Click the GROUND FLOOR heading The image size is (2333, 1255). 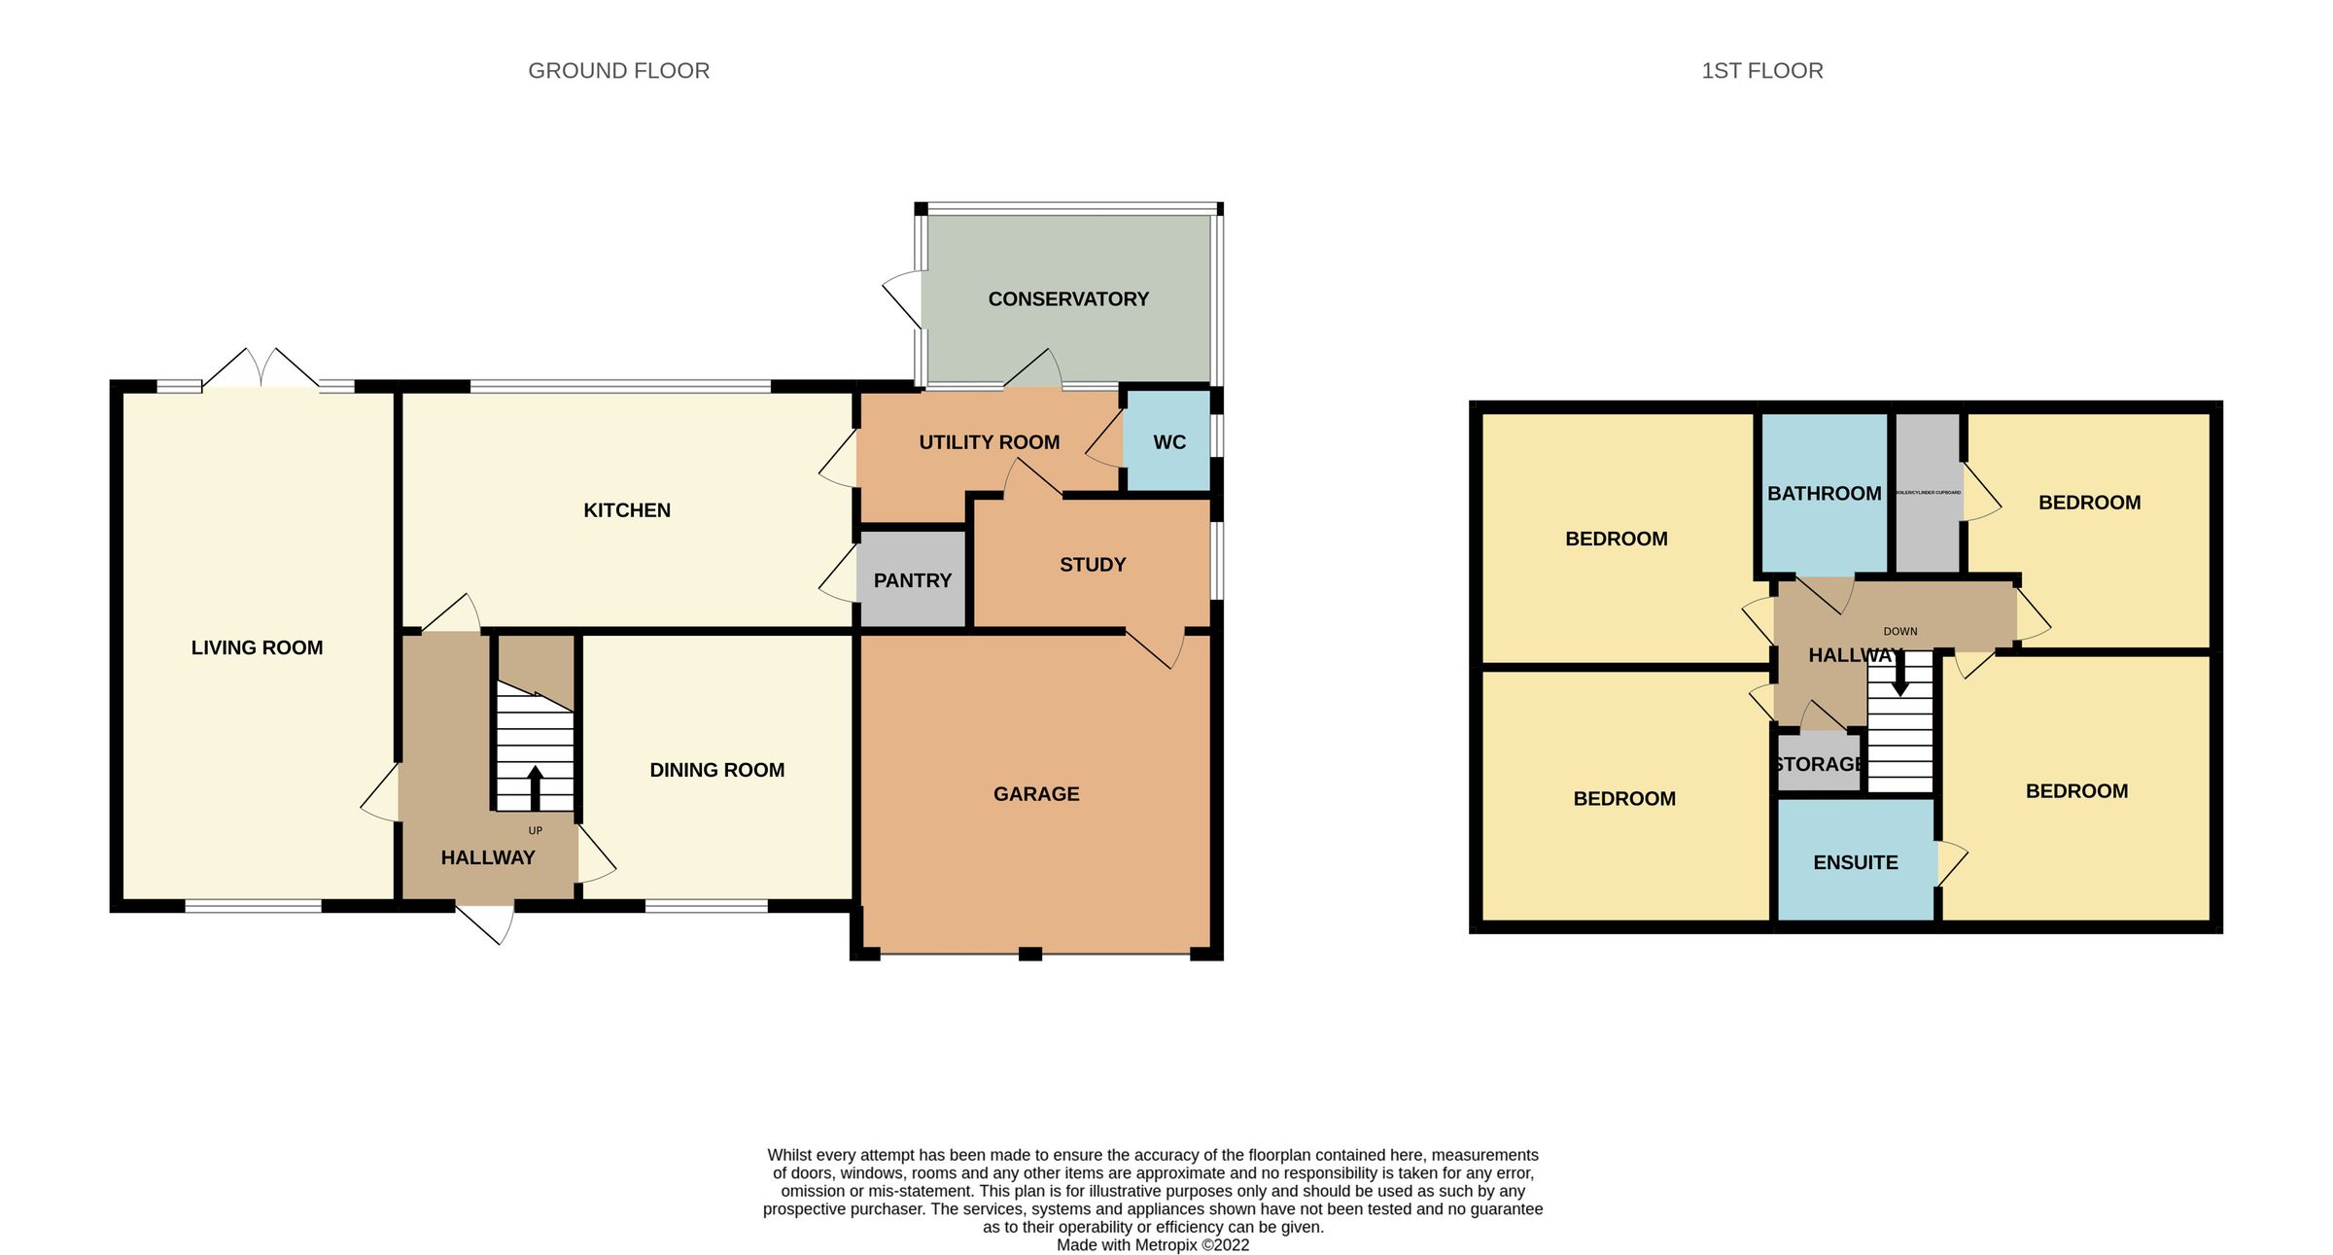point(618,71)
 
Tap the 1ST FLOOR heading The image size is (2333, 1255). point(1761,71)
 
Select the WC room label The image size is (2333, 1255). point(1168,442)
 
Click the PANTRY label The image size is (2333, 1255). point(912,580)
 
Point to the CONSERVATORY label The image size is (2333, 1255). point(1068,299)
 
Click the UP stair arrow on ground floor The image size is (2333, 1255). point(535,787)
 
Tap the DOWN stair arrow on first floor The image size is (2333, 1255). point(1899,675)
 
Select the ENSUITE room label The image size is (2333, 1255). point(1855,862)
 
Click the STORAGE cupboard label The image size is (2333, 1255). point(1818,764)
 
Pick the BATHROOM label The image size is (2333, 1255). point(1824,494)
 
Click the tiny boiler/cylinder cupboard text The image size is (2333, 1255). point(1928,493)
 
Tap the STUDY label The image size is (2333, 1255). point(1093,565)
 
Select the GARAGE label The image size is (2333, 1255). point(1036,794)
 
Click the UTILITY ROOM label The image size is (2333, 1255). point(989,442)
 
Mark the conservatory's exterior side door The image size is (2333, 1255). point(904,296)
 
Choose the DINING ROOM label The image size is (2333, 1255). point(716,770)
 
